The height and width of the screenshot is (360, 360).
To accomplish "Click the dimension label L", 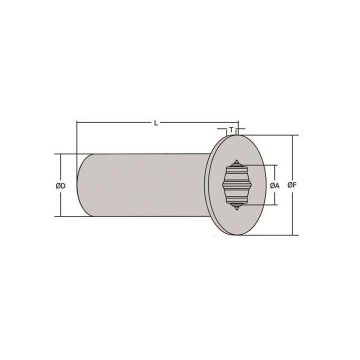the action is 156,123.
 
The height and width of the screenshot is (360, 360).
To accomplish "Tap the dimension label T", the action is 231,130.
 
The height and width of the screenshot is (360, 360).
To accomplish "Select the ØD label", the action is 60,185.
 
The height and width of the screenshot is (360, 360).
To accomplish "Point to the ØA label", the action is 274,185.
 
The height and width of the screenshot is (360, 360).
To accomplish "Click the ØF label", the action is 292,185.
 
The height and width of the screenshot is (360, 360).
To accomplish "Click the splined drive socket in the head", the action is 236,185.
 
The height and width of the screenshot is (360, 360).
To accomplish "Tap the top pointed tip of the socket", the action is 236,160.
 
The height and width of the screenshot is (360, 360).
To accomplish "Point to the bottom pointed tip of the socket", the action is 236,210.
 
